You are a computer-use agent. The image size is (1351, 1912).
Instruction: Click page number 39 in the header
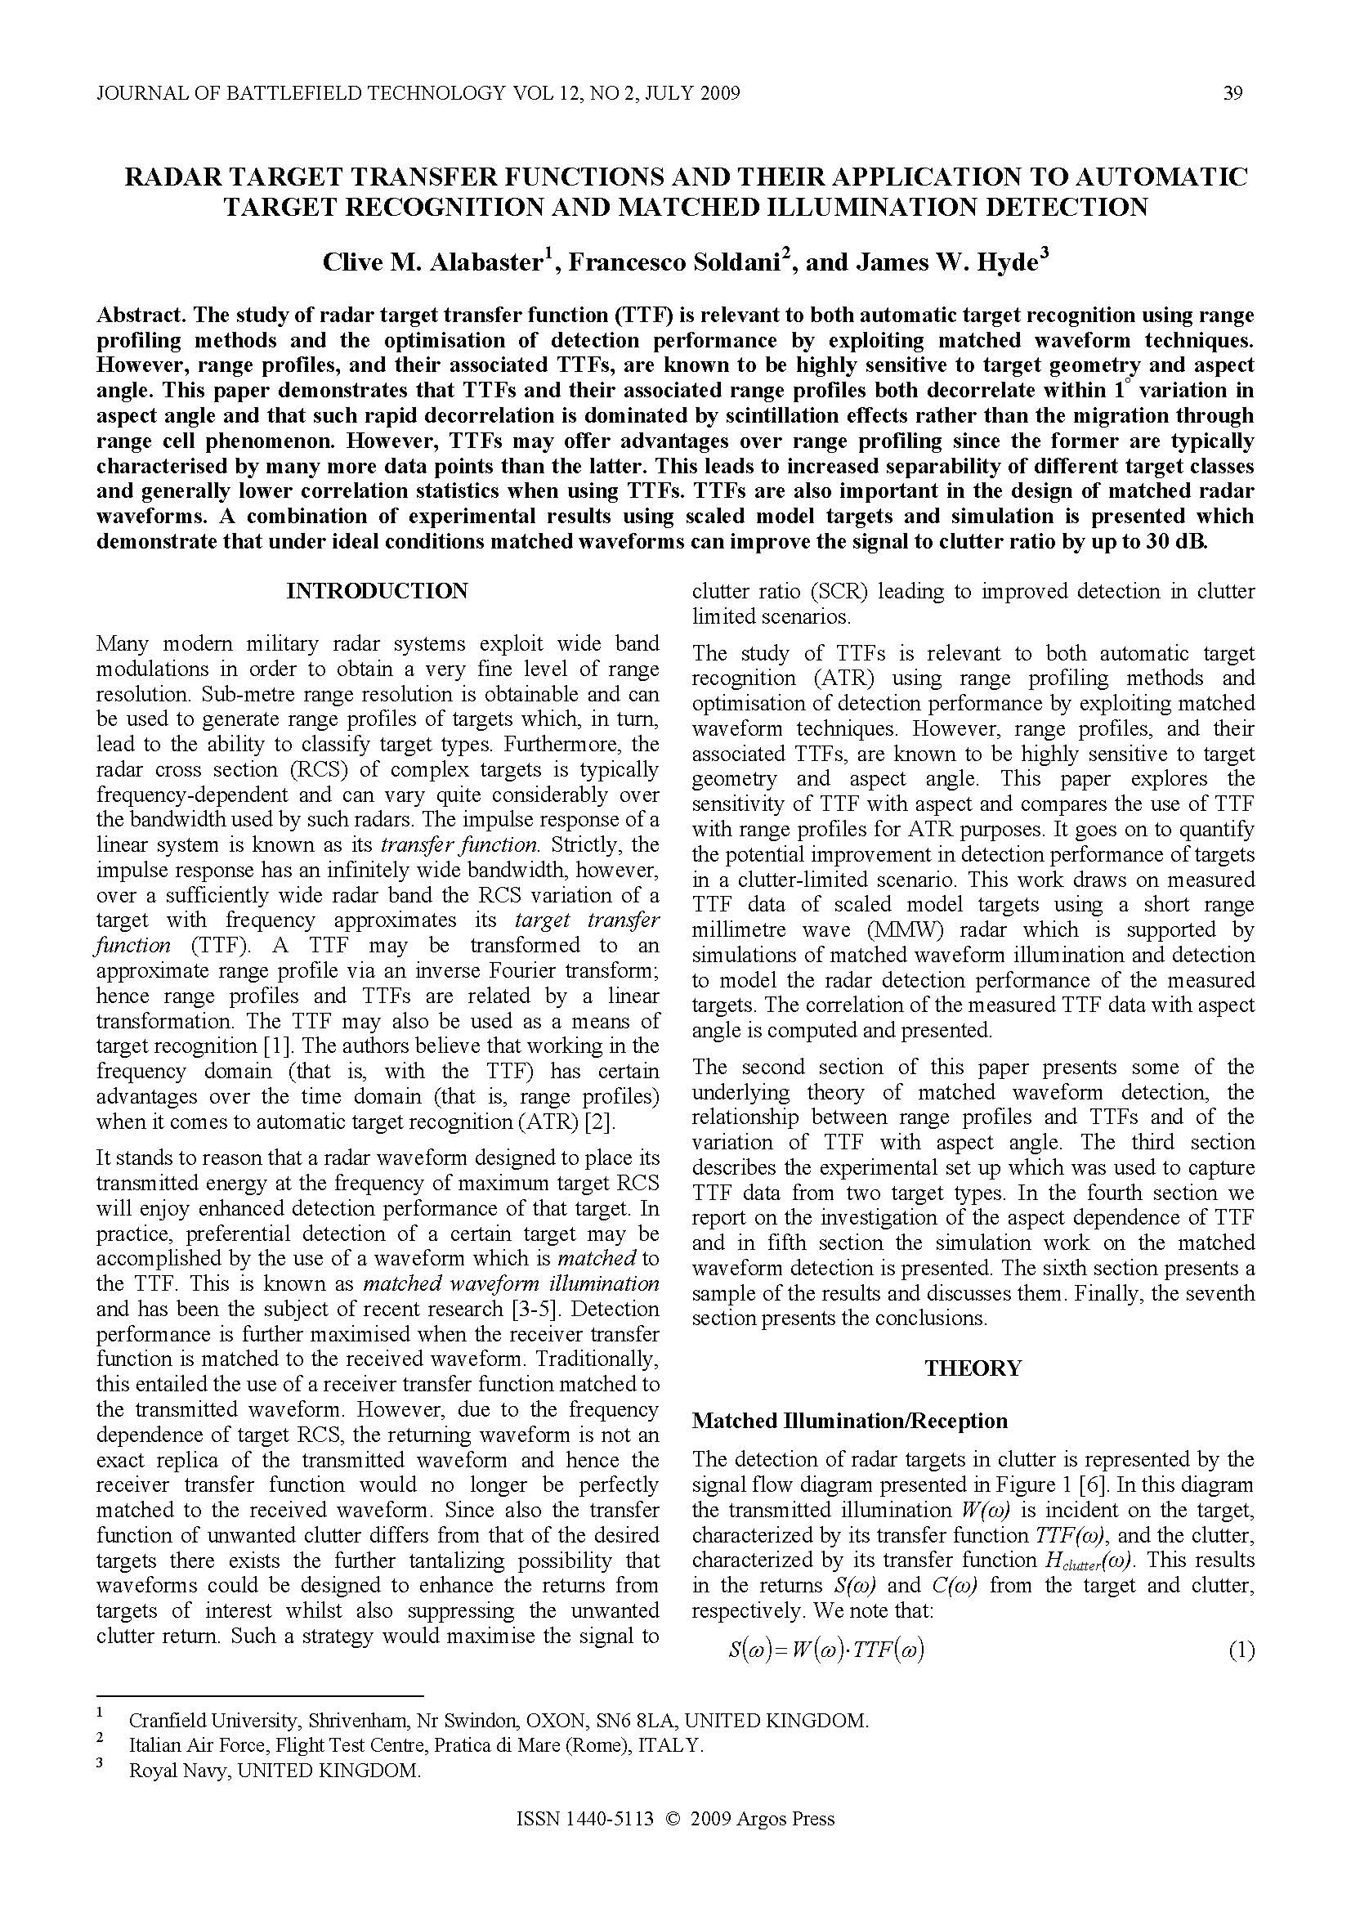coord(1232,93)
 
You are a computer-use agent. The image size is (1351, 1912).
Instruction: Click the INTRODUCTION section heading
coord(377,591)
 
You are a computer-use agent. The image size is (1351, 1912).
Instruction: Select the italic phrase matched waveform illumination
coord(512,1283)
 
